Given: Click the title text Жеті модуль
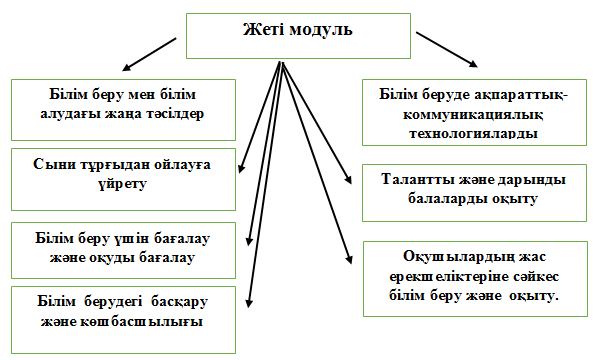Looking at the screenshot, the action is (298, 29).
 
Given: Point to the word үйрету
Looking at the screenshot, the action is (123, 184).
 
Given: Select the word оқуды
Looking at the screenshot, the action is (112, 258).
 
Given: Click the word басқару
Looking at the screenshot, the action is (180, 302).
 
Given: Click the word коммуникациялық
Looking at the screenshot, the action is (473, 114).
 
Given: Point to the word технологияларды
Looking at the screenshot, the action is (474, 133).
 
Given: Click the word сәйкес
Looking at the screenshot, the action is (536, 276).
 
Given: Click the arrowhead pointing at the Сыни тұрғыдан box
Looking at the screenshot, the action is (242, 168).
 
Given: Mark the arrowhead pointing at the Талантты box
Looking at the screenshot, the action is (348, 179).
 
